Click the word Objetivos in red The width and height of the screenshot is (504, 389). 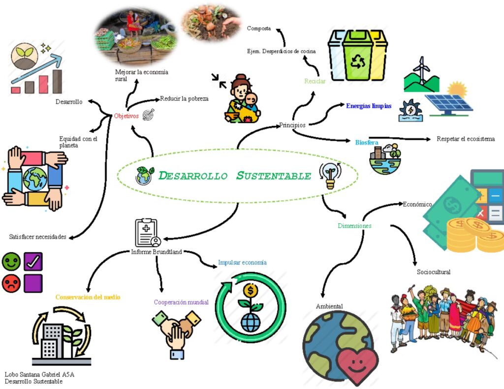click(x=126, y=116)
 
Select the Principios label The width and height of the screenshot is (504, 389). click(x=292, y=125)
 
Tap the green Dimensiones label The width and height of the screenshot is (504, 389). click(x=354, y=226)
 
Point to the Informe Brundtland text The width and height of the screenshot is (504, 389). click(x=157, y=252)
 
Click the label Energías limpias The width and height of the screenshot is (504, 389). click(x=369, y=106)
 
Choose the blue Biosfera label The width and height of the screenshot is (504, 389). click(x=367, y=142)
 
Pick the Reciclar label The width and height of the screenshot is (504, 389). click(x=315, y=81)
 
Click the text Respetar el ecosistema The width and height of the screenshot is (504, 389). click(x=466, y=139)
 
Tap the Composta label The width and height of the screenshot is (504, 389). click(x=259, y=29)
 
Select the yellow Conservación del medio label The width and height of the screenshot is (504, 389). click(x=88, y=297)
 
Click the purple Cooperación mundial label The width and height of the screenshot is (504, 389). click(x=181, y=302)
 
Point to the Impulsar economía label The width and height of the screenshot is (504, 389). click(x=243, y=263)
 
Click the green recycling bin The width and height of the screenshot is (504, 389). click(x=358, y=56)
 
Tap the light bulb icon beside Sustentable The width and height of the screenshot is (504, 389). click(x=328, y=175)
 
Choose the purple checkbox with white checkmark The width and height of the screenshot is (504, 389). click(x=33, y=261)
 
